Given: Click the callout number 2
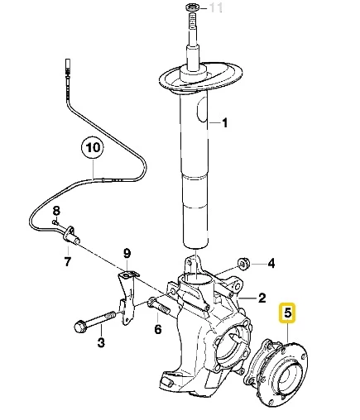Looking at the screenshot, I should [261, 298].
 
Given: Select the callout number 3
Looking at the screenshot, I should [100, 341].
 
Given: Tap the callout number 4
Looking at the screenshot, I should [271, 265].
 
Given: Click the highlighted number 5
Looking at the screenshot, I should [288, 313].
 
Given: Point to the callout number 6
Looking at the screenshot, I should [157, 329].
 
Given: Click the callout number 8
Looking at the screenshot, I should [57, 212].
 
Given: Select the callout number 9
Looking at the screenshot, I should [127, 252].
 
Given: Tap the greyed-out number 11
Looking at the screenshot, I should [217, 9].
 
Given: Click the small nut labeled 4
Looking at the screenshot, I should [244, 264].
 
